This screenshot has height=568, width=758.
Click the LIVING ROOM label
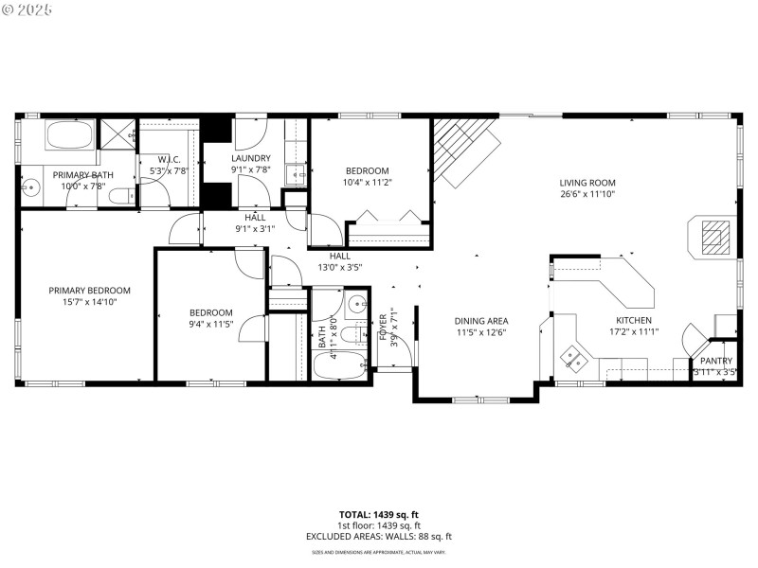click(x=587, y=183)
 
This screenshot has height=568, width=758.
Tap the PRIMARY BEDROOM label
click(x=90, y=291)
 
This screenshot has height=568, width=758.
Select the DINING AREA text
click(x=481, y=320)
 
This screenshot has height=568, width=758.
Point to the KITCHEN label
click(x=634, y=320)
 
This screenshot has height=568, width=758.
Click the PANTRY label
click(x=716, y=361)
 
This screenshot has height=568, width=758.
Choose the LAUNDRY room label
click(x=251, y=158)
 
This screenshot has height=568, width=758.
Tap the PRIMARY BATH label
click(x=82, y=175)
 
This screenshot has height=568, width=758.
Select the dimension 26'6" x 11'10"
click(x=587, y=195)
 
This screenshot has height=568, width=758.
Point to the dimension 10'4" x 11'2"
click(x=367, y=182)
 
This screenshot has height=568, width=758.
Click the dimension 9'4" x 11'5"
click(x=210, y=324)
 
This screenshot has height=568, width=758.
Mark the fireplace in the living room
click(x=710, y=234)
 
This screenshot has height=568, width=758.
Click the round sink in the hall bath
click(x=356, y=305)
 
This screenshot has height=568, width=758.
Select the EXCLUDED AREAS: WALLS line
click(x=379, y=537)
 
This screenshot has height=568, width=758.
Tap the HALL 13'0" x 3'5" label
click(x=339, y=261)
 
